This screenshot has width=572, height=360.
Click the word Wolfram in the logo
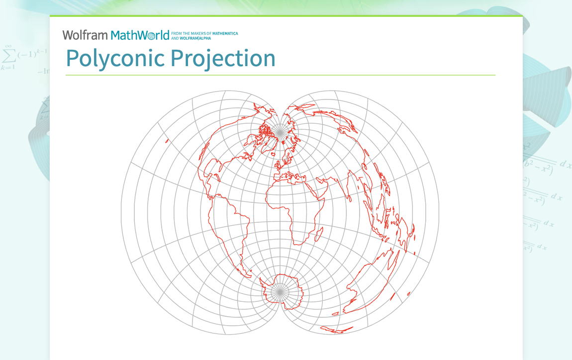pos(85,35)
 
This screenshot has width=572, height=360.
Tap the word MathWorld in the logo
pos(140,35)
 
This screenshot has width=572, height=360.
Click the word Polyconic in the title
pos(115,58)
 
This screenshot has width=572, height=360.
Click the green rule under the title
pos(280,75)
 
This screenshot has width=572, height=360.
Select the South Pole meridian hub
pos(280,290)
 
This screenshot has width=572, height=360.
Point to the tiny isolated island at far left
pos(167,141)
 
